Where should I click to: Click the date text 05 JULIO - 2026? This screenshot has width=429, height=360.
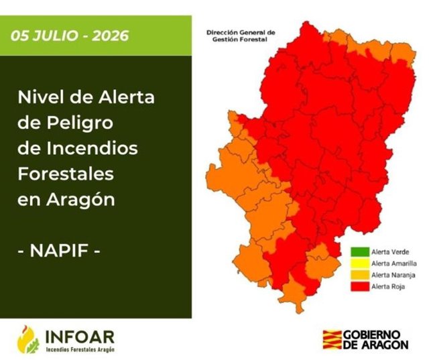(x=70, y=36)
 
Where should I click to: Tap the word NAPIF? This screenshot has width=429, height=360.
(x=59, y=250)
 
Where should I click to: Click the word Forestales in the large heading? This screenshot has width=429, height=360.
(x=66, y=174)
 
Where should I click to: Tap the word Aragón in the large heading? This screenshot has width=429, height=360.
(x=80, y=200)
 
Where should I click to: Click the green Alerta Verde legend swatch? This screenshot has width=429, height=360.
(x=360, y=252)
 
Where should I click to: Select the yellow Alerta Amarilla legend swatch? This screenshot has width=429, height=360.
(x=360, y=263)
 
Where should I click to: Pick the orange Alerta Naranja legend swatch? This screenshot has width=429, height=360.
(x=360, y=275)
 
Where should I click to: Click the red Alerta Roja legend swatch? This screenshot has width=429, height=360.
(x=360, y=286)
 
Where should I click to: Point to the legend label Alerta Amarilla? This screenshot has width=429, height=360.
(x=394, y=263)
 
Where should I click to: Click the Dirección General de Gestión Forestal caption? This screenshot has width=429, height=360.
(x=241, y=36)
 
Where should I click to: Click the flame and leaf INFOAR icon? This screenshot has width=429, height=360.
(x=27, y=339)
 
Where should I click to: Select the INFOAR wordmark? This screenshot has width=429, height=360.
(x=80, y=337)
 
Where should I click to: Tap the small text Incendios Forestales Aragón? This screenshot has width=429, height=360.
(x=80, y=349)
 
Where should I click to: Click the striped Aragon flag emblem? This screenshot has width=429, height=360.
(x=332, y=339)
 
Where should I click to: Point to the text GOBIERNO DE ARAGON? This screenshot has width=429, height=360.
(x=375, y=339)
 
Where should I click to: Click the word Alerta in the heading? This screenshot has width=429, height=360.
(x=127, y=97)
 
